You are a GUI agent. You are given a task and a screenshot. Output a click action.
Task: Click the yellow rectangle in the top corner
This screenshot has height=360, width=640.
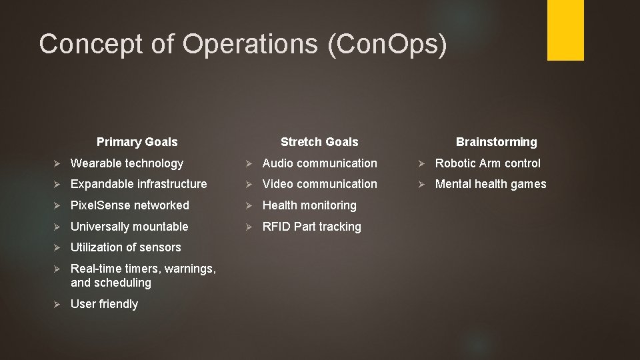click(x=565, y=29)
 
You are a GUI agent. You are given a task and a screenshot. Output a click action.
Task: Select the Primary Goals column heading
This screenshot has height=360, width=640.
click(x=137, y=142)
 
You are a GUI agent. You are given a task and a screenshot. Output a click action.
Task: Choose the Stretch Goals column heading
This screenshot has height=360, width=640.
click(x=319, y=142)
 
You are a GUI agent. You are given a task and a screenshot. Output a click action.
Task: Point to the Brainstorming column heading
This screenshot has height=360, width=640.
click(x=496, y=142)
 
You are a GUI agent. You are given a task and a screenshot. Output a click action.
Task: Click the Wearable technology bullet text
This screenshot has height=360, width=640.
click(x=127, y=163)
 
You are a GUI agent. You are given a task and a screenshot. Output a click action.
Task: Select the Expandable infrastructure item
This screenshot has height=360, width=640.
click(x=139, y=184)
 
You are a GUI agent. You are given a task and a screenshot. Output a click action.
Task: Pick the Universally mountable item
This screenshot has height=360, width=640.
click(x=129, y=227)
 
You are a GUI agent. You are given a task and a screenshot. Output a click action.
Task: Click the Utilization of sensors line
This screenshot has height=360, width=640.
click(x=125, y=247)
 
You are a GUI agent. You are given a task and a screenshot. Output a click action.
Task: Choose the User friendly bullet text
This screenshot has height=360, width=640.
click(x=104, y=304)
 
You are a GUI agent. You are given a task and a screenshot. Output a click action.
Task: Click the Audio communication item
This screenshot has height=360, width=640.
click(x=319, y=163)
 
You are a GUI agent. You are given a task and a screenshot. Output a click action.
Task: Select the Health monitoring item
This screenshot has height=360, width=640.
click(x=309, y=205)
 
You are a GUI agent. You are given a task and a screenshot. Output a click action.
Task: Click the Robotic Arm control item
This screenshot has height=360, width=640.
click(x=488, y=163)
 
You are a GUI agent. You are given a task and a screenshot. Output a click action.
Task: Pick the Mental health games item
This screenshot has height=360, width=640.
click(x=491, y=184)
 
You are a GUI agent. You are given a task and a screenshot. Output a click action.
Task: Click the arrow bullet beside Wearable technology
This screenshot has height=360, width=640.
click(x=58, y=163)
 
